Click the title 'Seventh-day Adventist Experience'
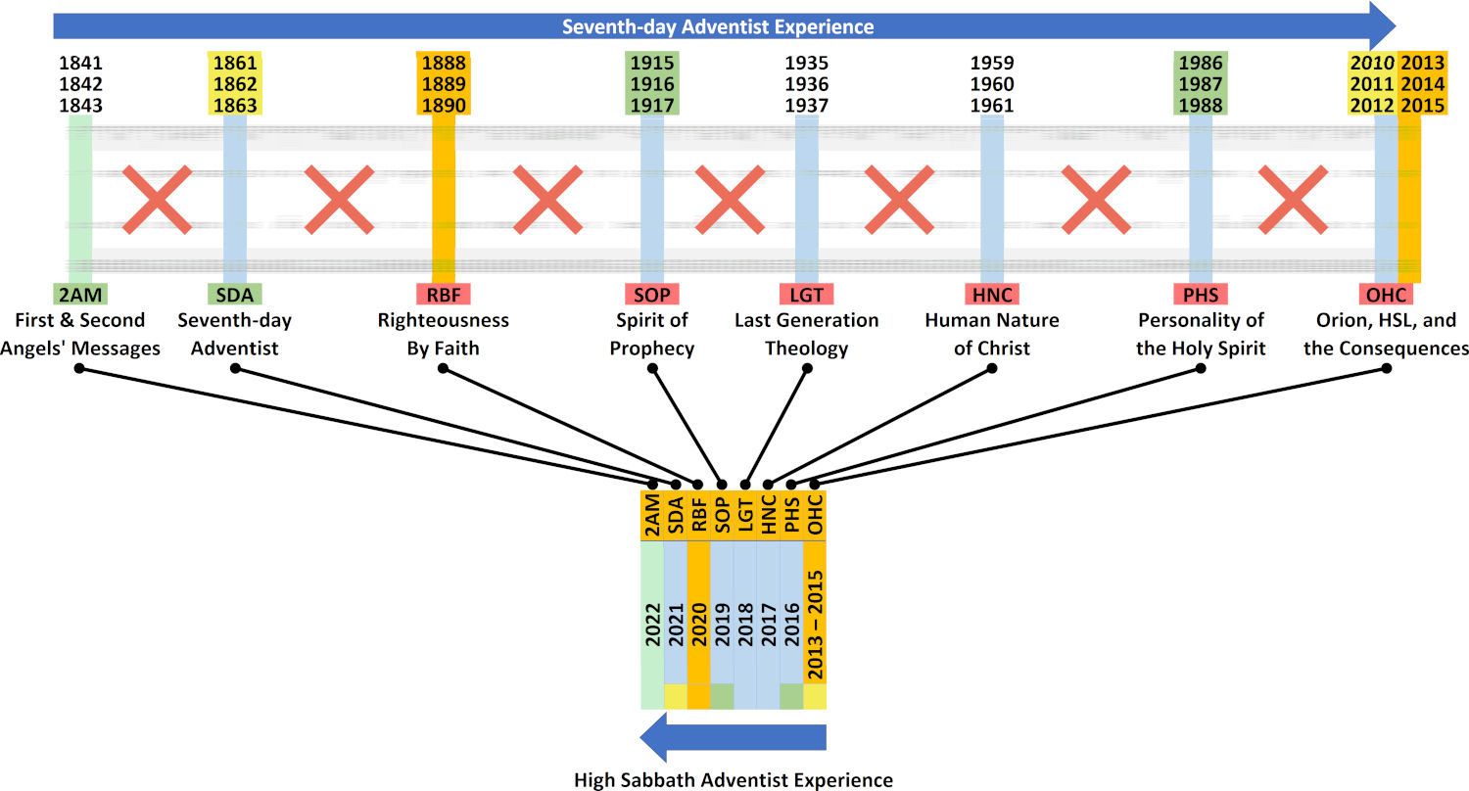coord(718,26)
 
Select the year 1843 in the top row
coord(80,106)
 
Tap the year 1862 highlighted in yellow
coord(235,84)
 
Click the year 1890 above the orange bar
coord(444,106)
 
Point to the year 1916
coord(652,84)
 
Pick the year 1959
coord(991,63)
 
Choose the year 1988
coord(1200,106)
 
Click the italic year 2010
coord(1372,63)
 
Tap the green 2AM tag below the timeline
coord(80,295)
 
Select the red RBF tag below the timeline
coord(444,295)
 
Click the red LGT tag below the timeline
coord(807,295)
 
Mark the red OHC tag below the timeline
coord(1386,295)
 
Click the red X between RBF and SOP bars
coord(547,200)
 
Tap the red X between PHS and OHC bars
coord(1293,200)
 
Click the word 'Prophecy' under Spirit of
coord(652,349)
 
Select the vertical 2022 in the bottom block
coord(652,626)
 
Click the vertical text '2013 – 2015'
coord(815,626)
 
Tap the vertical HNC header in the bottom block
coord(769,515)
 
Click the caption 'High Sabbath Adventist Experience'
coord(734,780)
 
